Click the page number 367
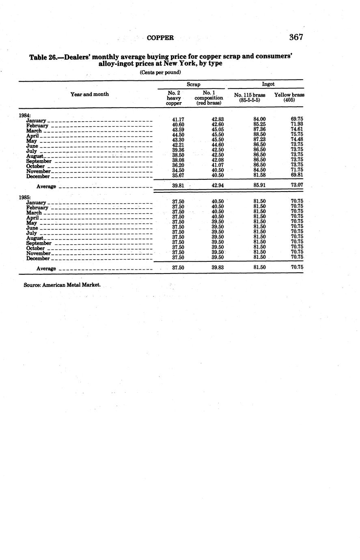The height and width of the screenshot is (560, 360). pos(296,37)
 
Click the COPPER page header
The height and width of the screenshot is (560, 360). pos(160,38)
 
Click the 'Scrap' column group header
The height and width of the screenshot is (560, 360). pos(193,84)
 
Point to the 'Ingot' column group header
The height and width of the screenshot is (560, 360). pos(268,84)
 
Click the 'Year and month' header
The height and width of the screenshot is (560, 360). pos(90,94)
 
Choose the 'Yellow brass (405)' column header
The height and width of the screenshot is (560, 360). pos(289,97)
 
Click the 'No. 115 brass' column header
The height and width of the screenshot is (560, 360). pos(250,95)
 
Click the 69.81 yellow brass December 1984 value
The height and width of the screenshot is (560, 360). pos(297,175)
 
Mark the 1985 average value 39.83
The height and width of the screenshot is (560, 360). pos(218,267)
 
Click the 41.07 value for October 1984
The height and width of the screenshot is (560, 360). pos(218,165)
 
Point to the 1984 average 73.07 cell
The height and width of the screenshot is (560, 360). pos(297,185)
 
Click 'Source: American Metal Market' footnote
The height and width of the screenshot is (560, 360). pos(62,285)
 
